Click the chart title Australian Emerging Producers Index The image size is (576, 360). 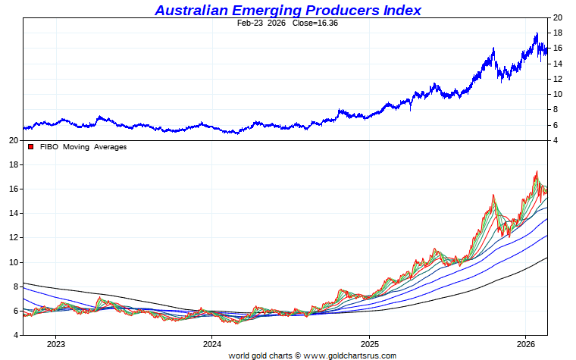(x=288, y=10)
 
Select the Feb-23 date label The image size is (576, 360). (x=252, y=23)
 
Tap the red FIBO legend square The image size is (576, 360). (x=31, y=147)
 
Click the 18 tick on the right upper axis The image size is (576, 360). (x=557, y=33)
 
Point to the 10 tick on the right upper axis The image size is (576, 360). (x=557, y=94)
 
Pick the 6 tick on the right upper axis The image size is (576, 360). (x=557, y=125)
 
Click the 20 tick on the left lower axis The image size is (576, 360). (x=13, y=140)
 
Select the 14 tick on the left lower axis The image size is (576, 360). (x=13, y=213)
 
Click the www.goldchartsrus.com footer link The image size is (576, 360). (x=349, y=355)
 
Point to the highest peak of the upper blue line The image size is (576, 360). (x=537, y=33)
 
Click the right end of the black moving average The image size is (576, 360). (x=547, y=258)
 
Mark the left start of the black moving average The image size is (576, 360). (x=24, y=283)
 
